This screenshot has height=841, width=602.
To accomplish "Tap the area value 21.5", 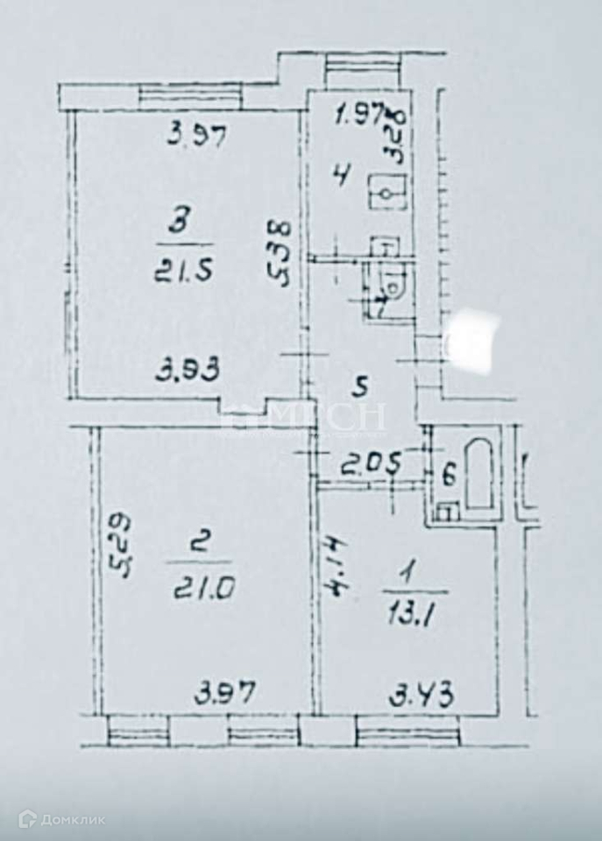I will click(x=183, y=262).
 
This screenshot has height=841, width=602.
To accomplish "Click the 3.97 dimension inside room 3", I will click(x=198, y=136).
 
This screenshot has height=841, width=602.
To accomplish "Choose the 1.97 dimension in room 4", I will click(x=360, y=114).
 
